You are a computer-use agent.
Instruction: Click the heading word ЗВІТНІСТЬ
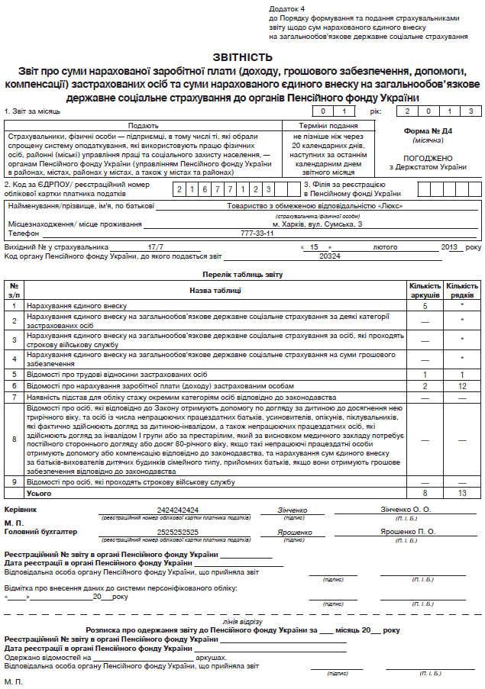(x=241, y=57)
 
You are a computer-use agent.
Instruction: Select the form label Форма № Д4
(x=428, y=131)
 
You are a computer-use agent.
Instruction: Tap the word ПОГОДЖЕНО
(x=428, y=158)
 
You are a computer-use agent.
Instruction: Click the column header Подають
(x=143, y=125)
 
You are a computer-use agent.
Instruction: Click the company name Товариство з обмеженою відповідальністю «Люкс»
(x=315, y=205)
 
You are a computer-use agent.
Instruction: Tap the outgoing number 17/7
(x=157, y=247)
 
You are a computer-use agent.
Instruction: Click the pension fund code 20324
(x=329, y=257)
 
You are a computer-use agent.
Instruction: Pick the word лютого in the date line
(x=385, y=247)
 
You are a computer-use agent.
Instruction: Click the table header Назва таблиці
(x=217, y=290)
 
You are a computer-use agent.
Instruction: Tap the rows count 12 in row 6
(x=462, y=387)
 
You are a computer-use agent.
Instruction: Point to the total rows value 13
(x=462, y=494)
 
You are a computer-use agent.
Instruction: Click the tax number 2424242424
(x=178, y=510)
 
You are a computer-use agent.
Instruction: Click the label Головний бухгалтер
(x=41, y=532)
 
